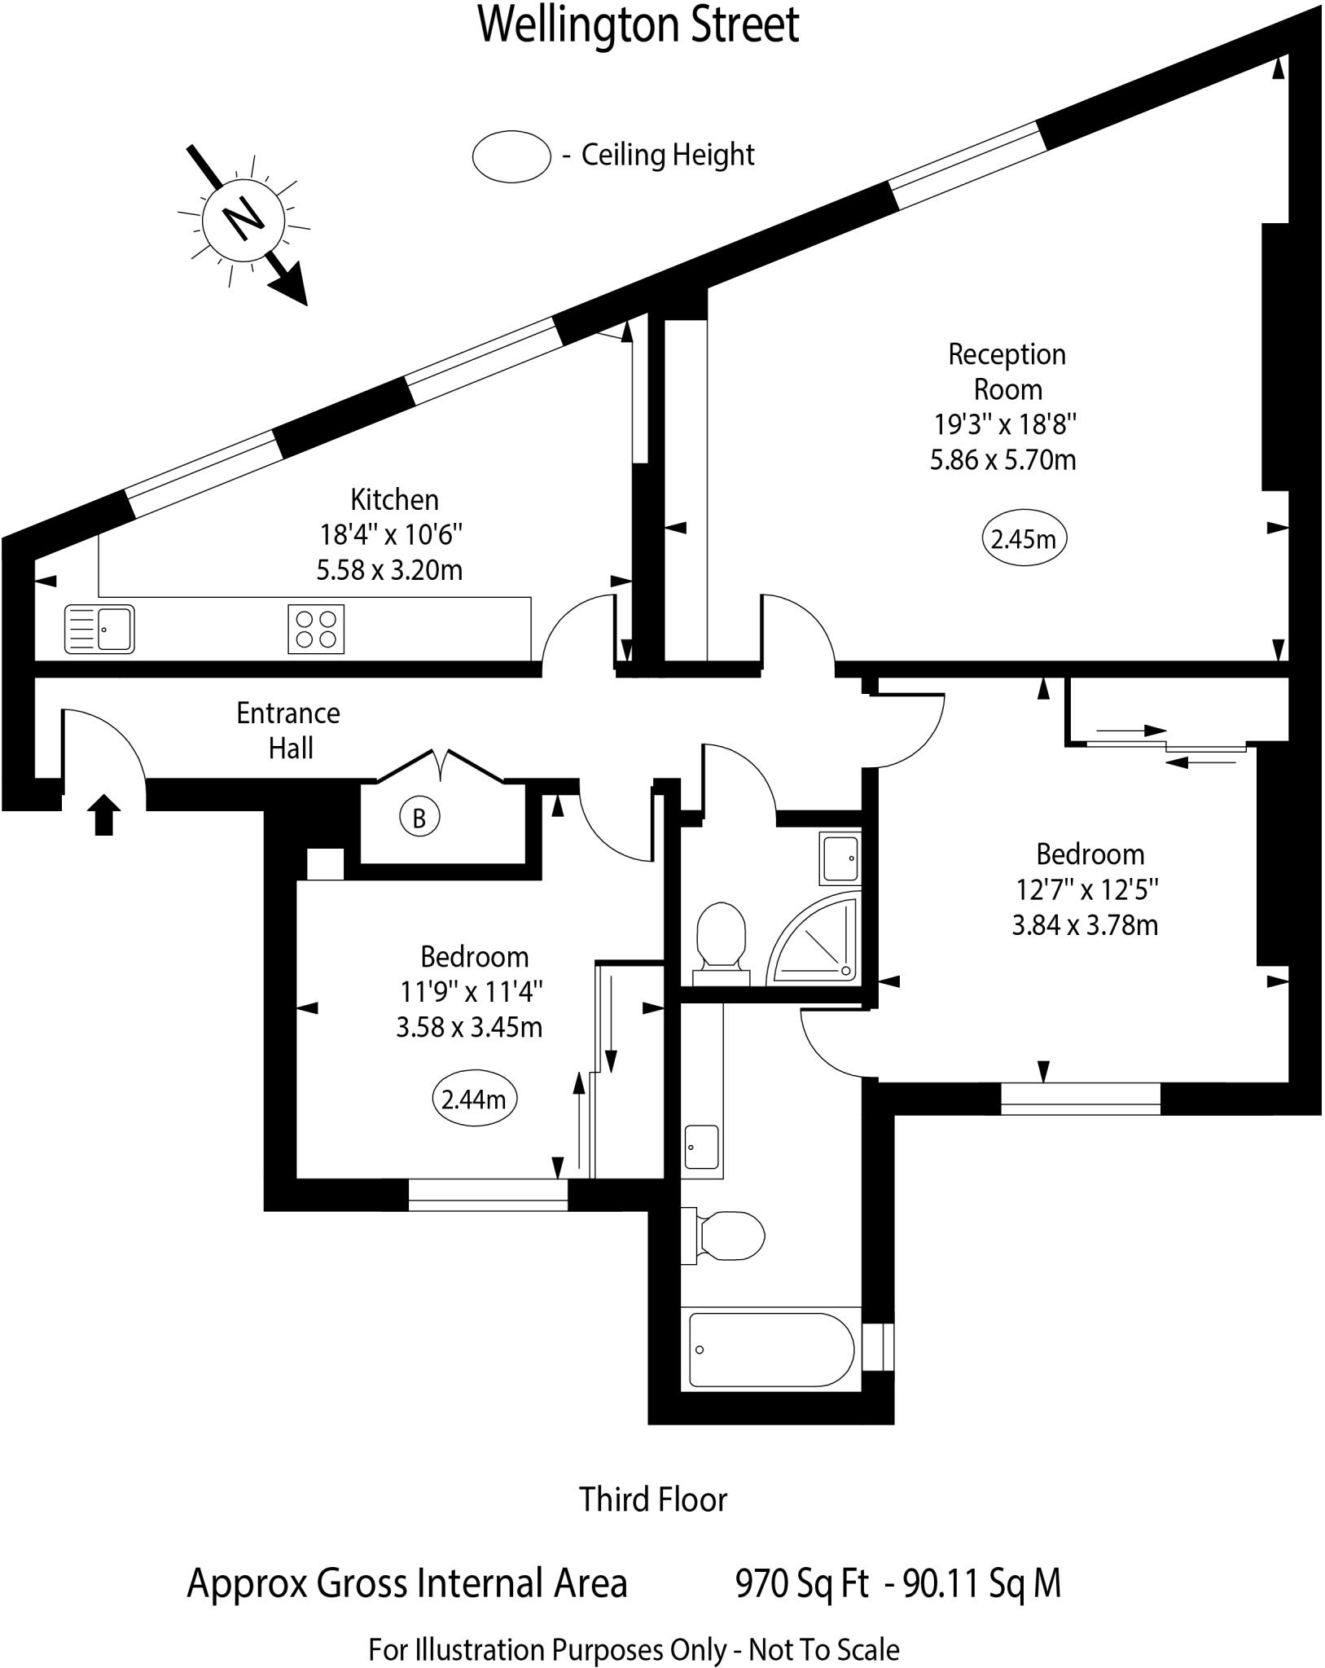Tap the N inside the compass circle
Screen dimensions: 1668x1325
click(244, 219)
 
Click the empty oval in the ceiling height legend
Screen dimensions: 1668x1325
click(511, 156)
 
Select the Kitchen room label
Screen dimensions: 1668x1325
click(394, 499)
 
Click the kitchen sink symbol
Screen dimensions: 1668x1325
click(99, 629)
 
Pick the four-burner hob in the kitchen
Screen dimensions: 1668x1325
click(316, 629)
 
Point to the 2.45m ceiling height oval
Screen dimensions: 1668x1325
click(1024, 539)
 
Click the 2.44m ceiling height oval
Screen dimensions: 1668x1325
click(473, 1100)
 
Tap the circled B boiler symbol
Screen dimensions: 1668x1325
click(419, 818)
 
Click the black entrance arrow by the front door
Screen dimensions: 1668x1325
click(103, 816)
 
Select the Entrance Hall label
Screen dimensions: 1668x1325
click(288, 731)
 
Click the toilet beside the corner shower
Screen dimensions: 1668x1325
click(722, 937)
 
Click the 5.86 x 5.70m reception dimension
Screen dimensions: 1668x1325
click(1003, 460)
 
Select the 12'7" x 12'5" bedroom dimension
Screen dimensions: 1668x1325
click(1086, 890)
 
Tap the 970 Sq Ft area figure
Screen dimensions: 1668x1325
click(802, 1584)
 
